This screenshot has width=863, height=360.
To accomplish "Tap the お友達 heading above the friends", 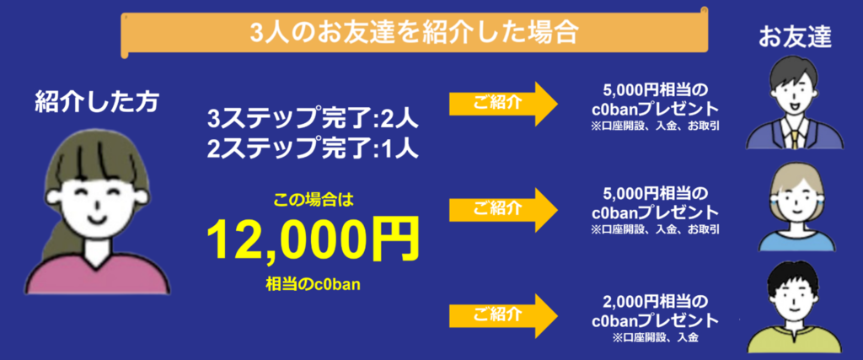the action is (x=795, y=36).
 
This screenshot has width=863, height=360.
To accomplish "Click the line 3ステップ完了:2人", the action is (x=314, y=119).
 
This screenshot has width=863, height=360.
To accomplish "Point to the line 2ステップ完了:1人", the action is (x=314, y=148).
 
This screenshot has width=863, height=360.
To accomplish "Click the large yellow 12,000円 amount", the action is (x=314, y=240).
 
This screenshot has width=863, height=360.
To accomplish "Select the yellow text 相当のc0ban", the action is (x=314, y=284).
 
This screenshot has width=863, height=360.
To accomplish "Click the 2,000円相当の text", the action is (x=655, y=301).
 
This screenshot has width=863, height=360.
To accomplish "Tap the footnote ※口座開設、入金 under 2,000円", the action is (x=656, y=337).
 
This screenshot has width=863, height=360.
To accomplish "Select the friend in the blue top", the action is (x=797, y=209).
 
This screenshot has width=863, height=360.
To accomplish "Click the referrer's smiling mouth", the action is (x=97, y=219).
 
